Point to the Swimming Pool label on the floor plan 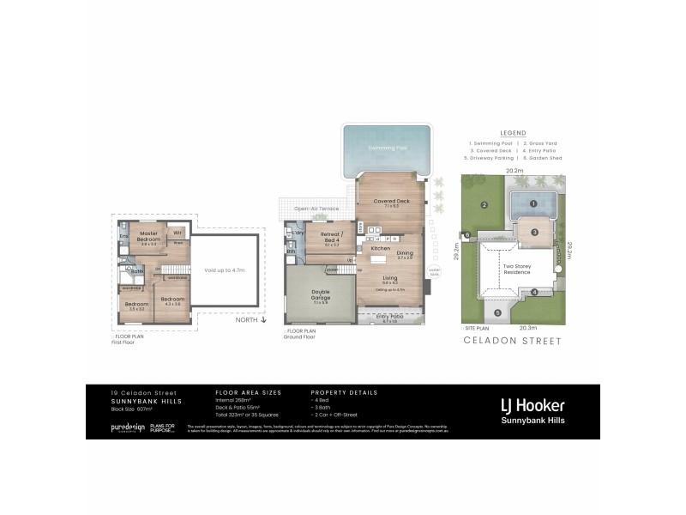387,148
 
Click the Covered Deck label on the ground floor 391,202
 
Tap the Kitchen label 380,248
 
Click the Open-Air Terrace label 315,209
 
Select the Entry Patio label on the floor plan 390,317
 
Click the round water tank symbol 435,270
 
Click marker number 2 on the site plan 484,204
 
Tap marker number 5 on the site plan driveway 497,312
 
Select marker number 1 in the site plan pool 533,203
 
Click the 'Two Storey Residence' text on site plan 523,269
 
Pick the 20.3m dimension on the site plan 516,328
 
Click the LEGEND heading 512,133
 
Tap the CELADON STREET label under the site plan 512,341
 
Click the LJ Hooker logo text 533,404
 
